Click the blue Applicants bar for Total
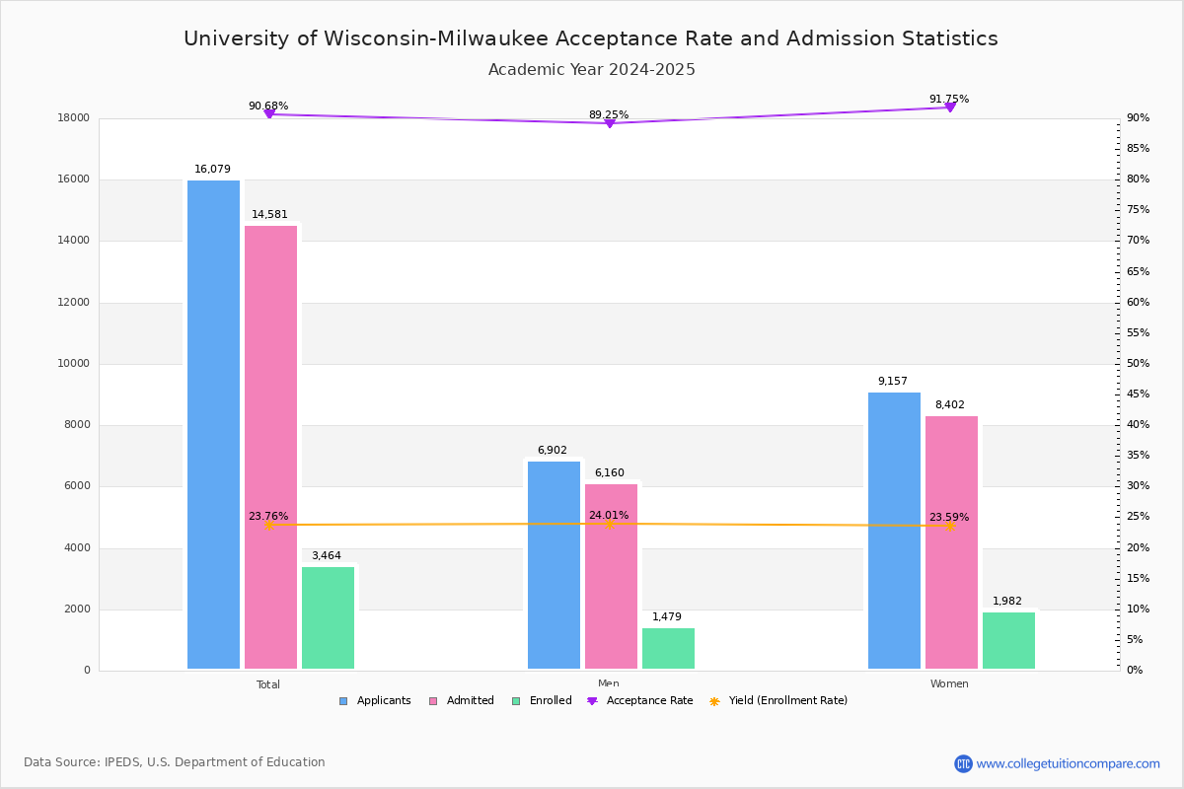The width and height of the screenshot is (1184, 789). pos(213,424)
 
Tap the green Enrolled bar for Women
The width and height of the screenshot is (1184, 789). pos(1008,640)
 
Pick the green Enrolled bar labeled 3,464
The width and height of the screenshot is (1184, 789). pos(328,617)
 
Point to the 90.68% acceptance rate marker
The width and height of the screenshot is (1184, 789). pos(268,114)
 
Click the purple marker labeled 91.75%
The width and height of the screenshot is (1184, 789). pos(950,107)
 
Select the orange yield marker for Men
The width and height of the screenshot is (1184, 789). pos(609,524)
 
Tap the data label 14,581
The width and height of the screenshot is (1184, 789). pos(269,215)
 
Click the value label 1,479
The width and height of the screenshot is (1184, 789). pos(666,617)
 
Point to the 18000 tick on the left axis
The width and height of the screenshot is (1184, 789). pos(74,118)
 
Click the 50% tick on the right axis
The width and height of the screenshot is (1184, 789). pos(1138,364)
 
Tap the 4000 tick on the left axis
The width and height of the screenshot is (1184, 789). pos(78,548)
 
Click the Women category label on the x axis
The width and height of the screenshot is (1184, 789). pos(949,684)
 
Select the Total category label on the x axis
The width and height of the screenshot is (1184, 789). pos(268,684)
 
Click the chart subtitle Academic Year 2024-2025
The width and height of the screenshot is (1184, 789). pos(592,70)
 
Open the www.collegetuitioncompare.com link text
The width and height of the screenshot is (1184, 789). pos(1068,763)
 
